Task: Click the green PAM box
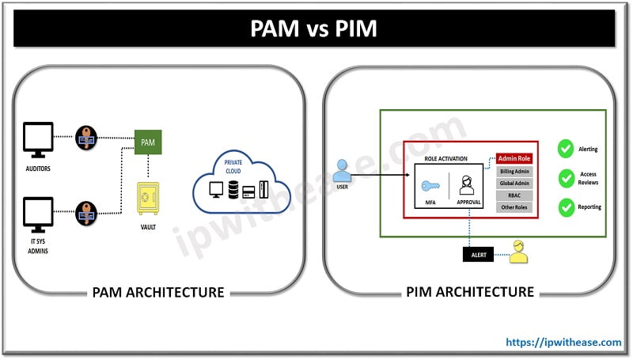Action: pyautogui.click(x=148, y=142)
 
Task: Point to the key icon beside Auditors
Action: pyautogui.click(x=85, y=137)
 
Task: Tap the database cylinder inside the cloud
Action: pyautogui.click(x=234, y=190)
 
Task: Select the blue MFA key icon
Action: pyautogui.click(x=430, y=186)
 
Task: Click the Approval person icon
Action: pyautogui.click(x=467, y=187)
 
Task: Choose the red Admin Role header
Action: pyautogui.click(x=514, y=158)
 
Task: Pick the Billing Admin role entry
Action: pyautogui.click(x=514, y=172)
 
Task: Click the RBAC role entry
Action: pyautogui.click(x=514, y=195)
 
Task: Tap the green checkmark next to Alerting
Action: pyautogui.click(x=565, y=149)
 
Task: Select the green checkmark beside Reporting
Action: pyautogui.click(x=565, y=207)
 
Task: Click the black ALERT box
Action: pyautogui.click(x=479, y=254)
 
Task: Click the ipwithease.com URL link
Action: pyautogui.click(x=564, y=342)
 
